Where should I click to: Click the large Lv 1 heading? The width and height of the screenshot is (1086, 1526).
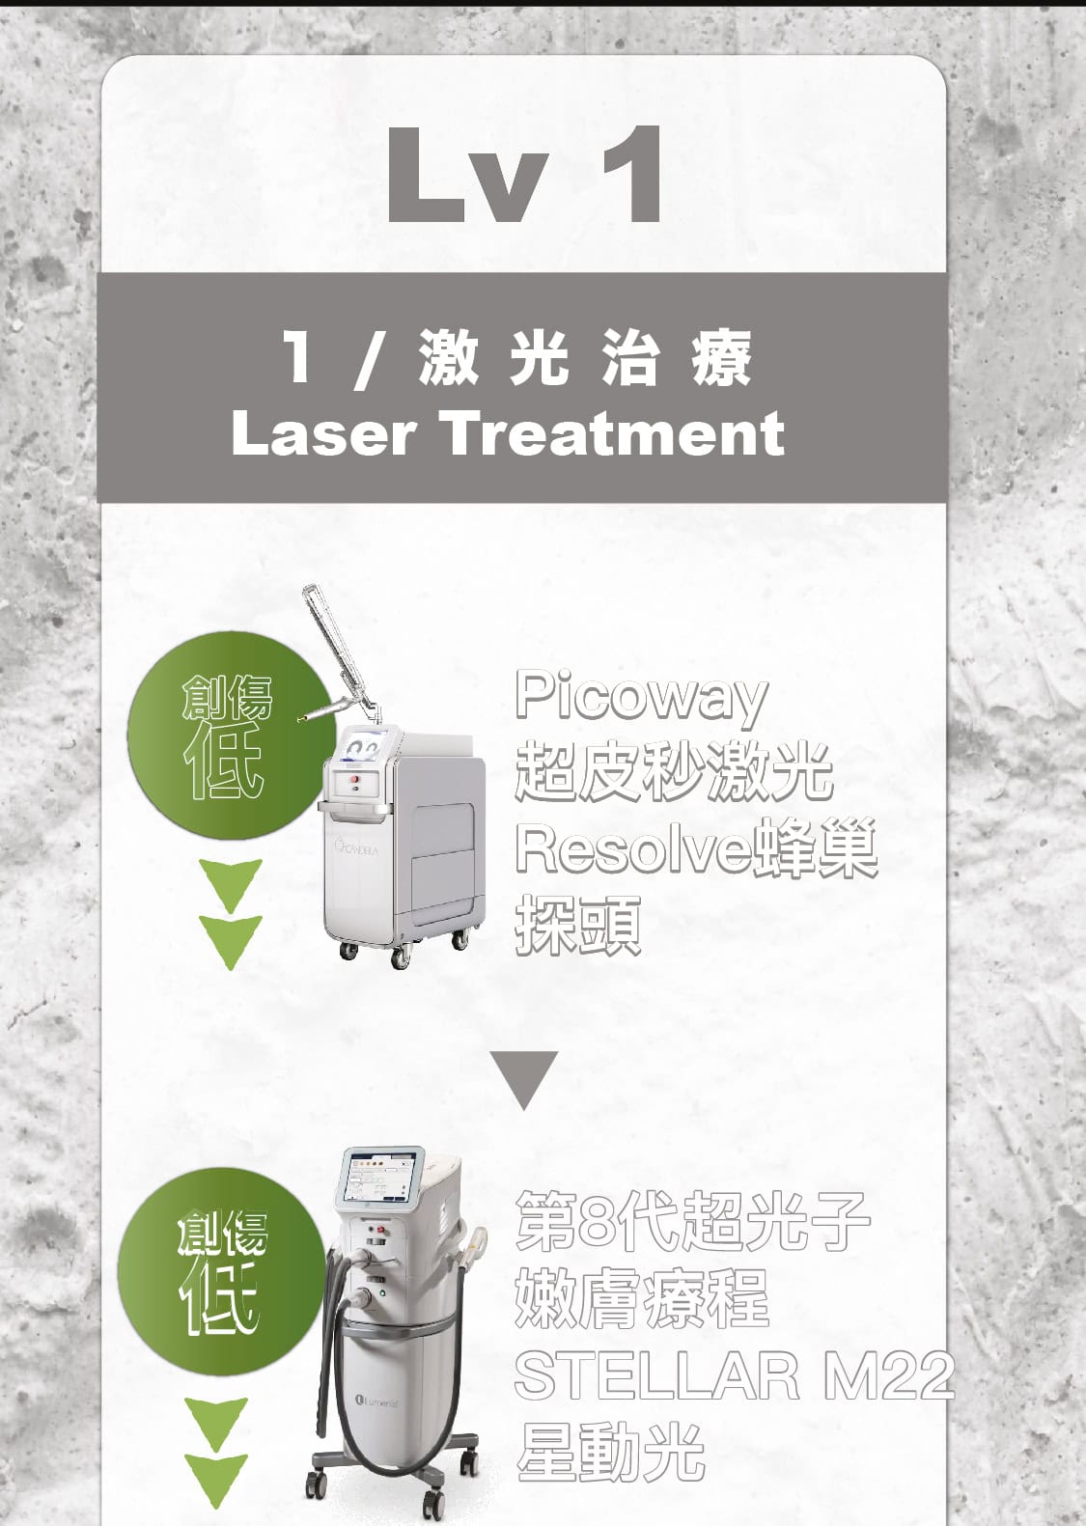(x=524, y=175)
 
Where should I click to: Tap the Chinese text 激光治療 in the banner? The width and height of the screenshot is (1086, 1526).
(x=585, y=357)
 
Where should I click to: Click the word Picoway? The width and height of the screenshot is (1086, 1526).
(x=641, y=697)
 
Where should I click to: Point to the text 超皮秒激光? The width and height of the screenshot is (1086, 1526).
(x=674, y=772)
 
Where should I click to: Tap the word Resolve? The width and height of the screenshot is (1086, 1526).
(x=631, y=848)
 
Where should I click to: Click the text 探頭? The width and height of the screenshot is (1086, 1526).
(x=577, y=925)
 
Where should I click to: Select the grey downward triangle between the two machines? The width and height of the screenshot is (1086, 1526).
(x=523, y=1078)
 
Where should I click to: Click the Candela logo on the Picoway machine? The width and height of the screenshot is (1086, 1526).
(x=359, y=848)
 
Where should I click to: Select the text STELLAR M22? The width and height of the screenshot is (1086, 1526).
(x=734, y=1374)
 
